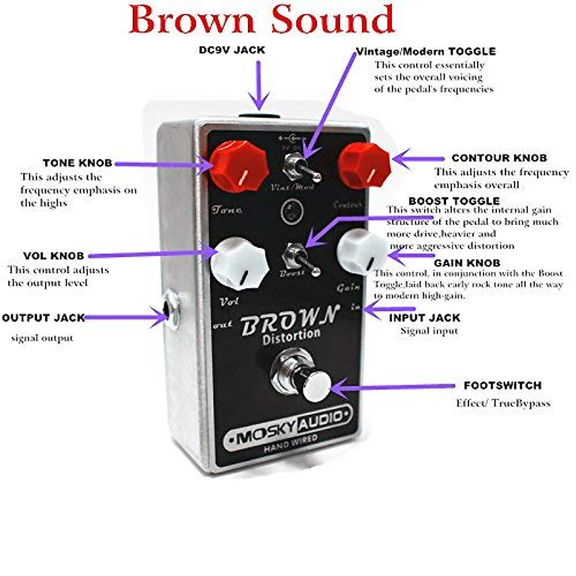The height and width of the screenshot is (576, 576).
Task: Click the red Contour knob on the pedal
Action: (364, 163)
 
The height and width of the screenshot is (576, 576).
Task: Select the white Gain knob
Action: (362, 251)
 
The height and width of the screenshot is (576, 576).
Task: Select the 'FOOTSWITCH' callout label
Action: (503, 385)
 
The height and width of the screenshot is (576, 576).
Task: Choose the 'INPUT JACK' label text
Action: (424, 318)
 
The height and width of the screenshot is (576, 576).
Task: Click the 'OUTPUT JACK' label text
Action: (43, 318)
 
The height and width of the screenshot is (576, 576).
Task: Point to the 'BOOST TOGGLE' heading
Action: (454, 201)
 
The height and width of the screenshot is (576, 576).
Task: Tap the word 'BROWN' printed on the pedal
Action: (290, 320)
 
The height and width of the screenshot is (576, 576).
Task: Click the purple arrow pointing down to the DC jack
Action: (259, 84)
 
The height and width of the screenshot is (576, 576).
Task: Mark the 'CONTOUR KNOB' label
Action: (499, 158)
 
